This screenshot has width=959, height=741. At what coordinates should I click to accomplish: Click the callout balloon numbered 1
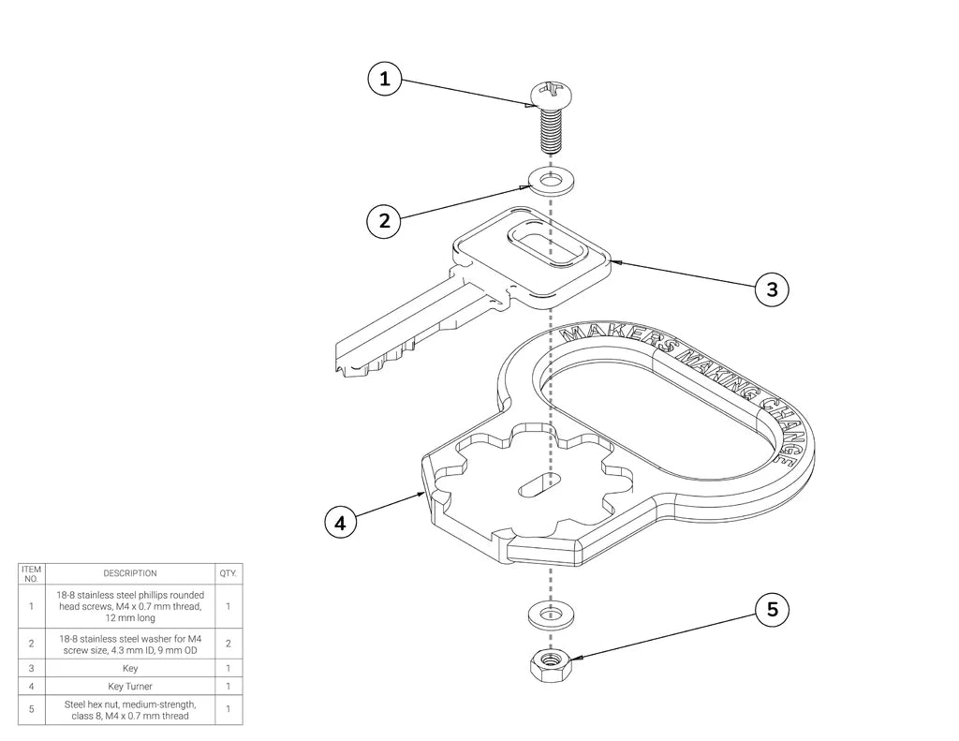pyautogui.click(x=384, y=80)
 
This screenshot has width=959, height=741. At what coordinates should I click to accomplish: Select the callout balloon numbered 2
pyautogui.click(x=384, y=221)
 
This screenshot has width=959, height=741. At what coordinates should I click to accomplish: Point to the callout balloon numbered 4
pyautogui.click(x=341, y=523)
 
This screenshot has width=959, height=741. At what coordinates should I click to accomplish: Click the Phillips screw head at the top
pyautogui.click(x=550, y=93)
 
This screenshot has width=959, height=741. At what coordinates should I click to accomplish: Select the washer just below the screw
pyautogui.click(x=552, y=178)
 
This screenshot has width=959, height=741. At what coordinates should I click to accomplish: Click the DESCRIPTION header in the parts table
pyautogui.click(x=130, y=573)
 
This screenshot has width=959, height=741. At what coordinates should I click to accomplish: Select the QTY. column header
pyautogui.click(x=229, y=573)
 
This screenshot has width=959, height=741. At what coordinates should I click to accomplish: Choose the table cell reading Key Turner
pyautogui.click(x=130, y=687)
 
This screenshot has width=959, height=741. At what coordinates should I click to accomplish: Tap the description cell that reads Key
pyautogui.click(x=130, y=669)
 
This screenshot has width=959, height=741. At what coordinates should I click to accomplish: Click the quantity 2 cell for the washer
pyautogui.click(x=229, y=644)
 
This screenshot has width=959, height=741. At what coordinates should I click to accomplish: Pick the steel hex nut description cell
pyautogui.click(x=130, y=709)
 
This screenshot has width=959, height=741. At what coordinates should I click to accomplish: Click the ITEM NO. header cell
pyautogui.click(x=32, y=573)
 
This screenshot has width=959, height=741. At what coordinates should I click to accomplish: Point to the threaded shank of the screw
pyautogui.click(x=549, y=131)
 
